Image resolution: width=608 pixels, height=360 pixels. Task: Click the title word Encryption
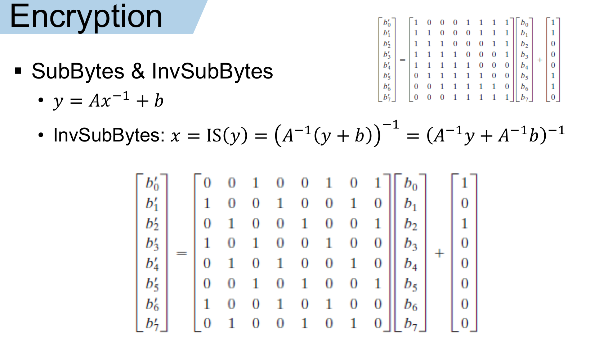coord(86,17)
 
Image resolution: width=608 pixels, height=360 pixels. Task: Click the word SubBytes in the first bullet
coord(78,71)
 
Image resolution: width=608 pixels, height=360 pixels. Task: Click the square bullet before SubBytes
coord(18,71)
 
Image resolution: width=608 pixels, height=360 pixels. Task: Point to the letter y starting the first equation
coord(58,102)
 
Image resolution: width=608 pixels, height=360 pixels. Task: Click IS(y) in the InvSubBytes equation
coord(227,135)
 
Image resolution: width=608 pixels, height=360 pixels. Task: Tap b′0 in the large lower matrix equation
coord(152,183)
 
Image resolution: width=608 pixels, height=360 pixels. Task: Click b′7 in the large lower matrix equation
coord(152,324)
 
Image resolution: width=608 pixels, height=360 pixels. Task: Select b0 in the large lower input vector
coord(411,183)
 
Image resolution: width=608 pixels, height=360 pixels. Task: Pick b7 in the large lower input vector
coord(411,324)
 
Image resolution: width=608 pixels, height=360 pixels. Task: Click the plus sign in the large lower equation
coord(439,253)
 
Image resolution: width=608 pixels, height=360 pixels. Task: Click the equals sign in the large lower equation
coord(182,253)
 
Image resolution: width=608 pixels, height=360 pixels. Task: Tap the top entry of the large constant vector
coord(464,183)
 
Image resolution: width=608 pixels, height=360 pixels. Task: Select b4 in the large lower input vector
coord(411,264)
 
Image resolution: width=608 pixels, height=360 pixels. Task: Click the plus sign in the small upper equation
coord(540,60)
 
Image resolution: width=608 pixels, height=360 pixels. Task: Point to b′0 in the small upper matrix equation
coord(387,23)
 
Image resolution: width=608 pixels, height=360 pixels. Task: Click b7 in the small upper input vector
coord(524,98)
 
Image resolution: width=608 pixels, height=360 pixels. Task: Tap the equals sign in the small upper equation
coord(403,60)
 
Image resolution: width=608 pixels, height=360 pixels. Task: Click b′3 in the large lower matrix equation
coord(152,243)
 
